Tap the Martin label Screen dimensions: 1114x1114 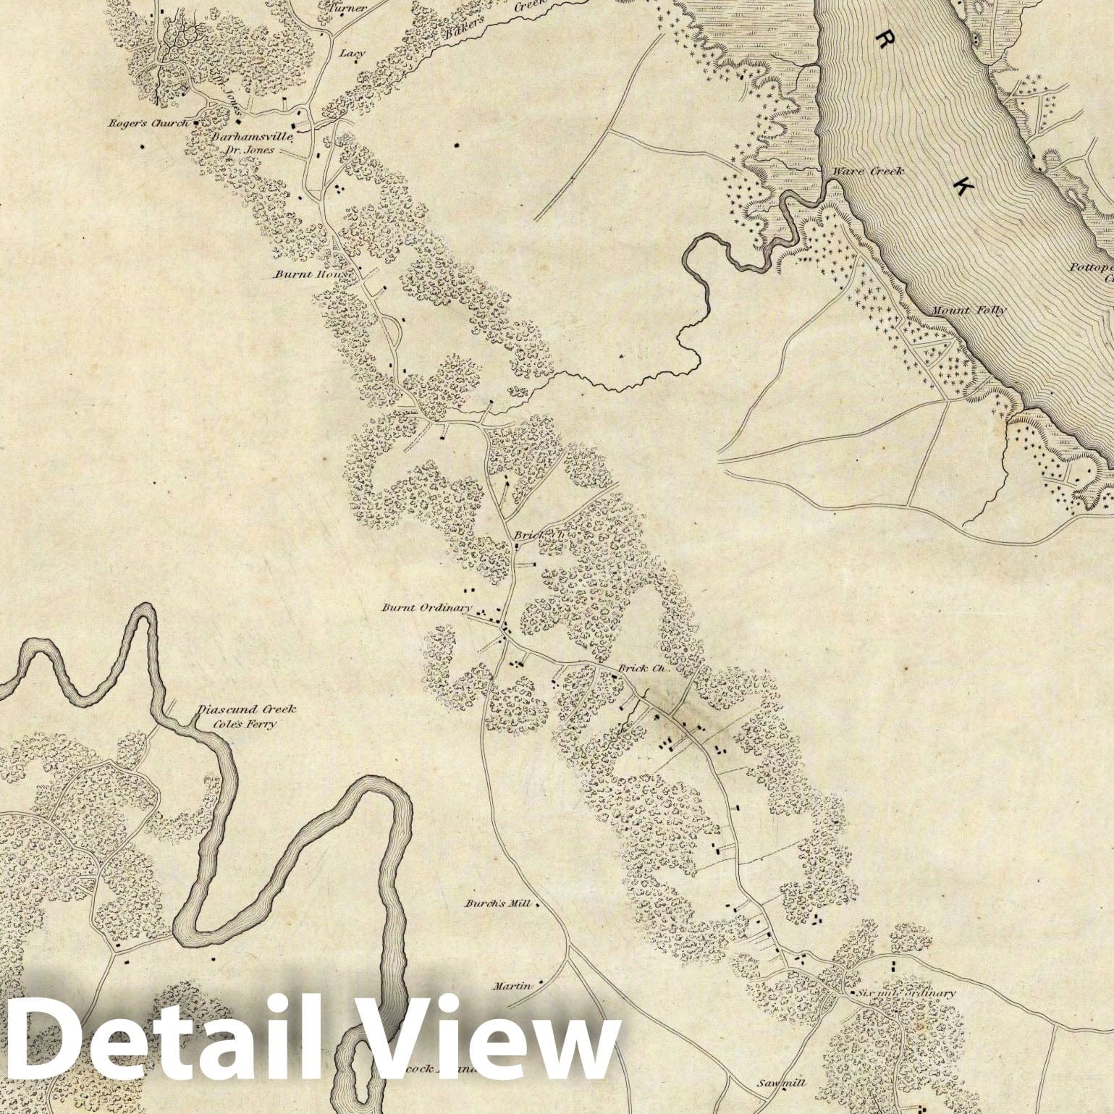click(512, 986)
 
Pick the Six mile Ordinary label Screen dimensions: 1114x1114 click(905, 994)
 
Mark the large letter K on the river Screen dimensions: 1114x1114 click(963, 186)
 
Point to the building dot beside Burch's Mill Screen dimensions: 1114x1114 click(537, 904)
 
